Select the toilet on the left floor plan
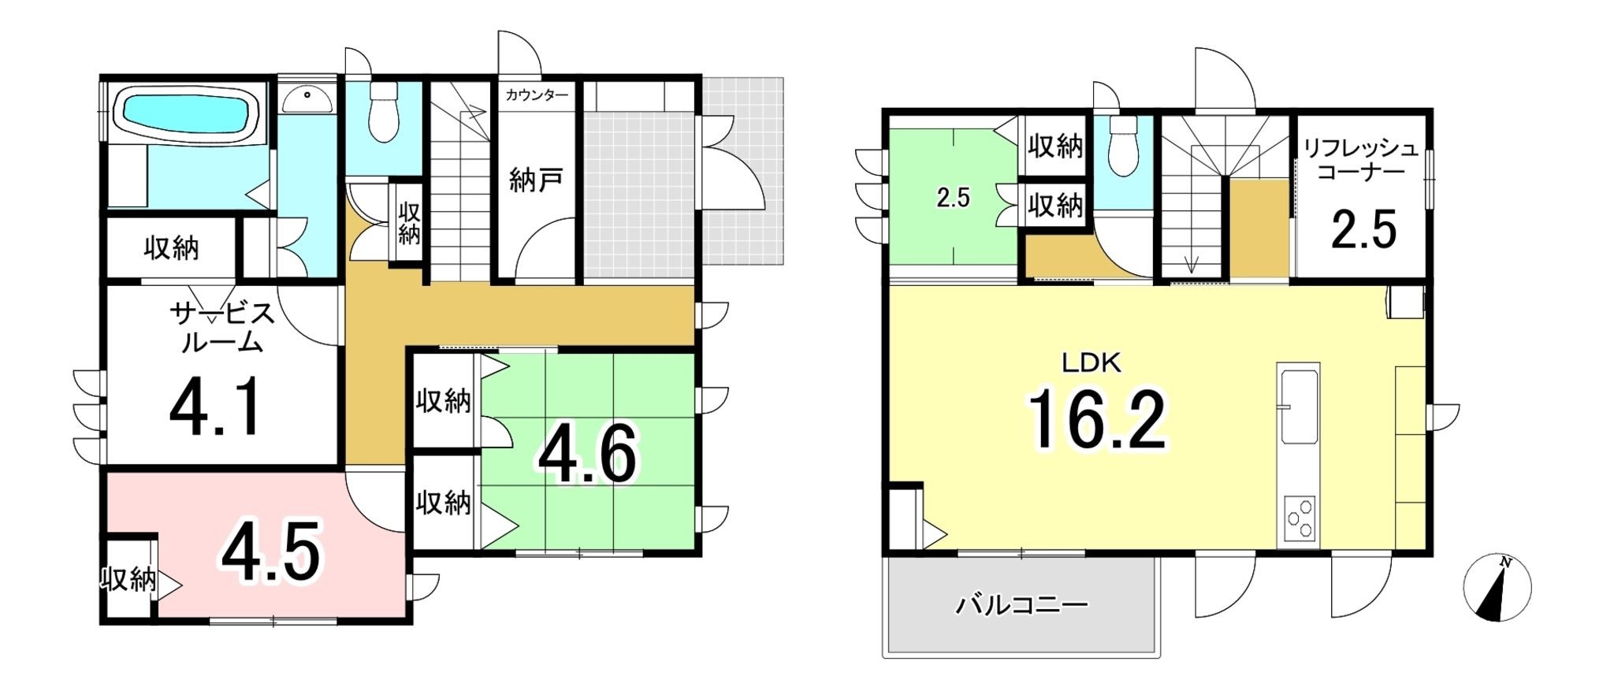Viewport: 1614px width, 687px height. (384, 113)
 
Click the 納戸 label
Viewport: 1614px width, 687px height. (536, 180)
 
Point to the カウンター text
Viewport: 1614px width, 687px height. (536, 95)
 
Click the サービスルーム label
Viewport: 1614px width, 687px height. (222, 328)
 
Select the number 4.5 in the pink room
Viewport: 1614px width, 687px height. (271, 552)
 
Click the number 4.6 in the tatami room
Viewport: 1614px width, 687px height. (586, 455)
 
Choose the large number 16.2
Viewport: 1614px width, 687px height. (1096, 421)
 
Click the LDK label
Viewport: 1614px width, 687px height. (1091, 363)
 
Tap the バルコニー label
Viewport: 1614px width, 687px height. (1021, 605)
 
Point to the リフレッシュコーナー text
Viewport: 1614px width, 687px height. (1359, 160)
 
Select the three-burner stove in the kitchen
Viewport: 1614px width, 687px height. (1300, 518)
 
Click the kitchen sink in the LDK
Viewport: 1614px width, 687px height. (1299, 407)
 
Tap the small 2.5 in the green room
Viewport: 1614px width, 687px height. (953, 198)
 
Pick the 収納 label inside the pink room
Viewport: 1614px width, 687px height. (128, 580)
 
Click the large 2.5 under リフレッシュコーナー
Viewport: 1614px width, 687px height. (1363, 229)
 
